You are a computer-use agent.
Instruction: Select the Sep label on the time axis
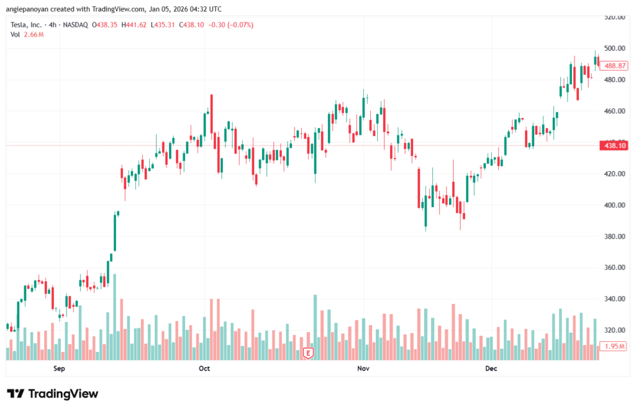click(x=59, y=369)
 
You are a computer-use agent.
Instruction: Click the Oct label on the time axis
click(x=204, y=369)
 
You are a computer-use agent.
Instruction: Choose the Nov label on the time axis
click(x=363, y=369)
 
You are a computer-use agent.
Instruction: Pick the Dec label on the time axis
click(x=491, y=369)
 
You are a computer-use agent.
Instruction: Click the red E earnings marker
click(x=307, y=353)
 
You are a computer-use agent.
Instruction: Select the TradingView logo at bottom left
click(x=52, y=394)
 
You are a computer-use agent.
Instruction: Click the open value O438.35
click(x=106, y=25)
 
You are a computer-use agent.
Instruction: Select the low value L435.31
click(x=164, y=25)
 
